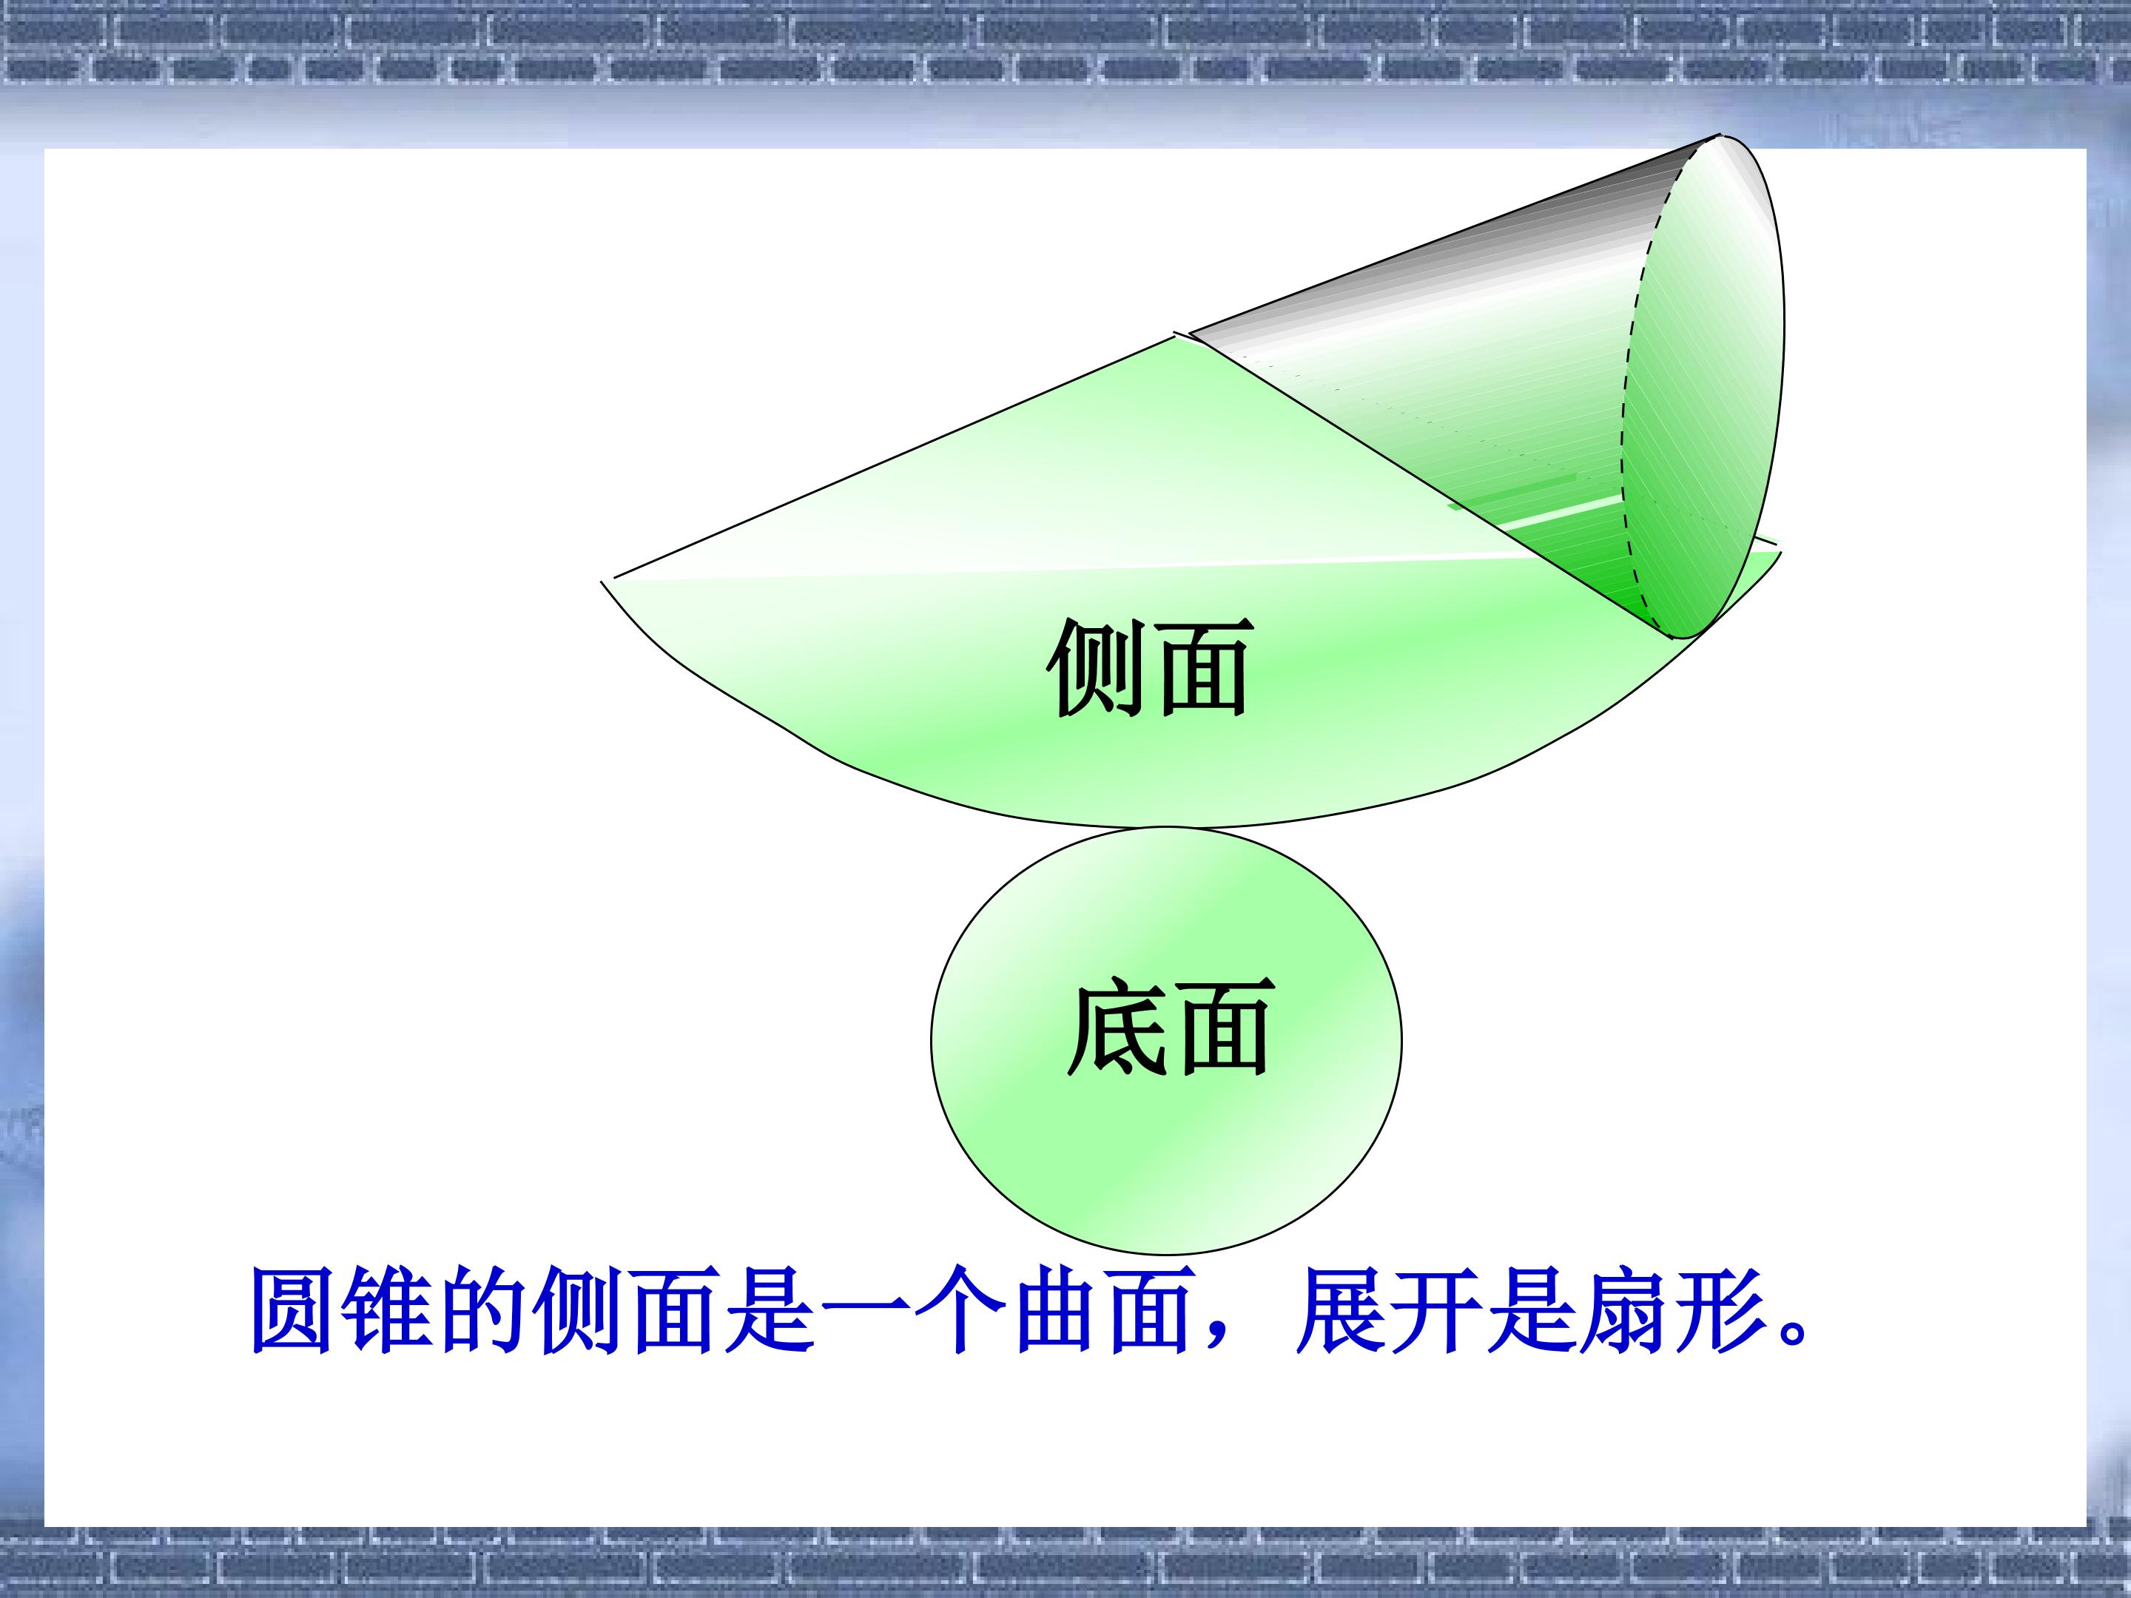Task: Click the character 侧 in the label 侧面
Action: (x=1098, y=667)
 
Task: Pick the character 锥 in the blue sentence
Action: (x=392, y=1312)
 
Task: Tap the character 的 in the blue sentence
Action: (x=488, y=1312)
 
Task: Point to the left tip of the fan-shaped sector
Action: (x=602, y=581)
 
